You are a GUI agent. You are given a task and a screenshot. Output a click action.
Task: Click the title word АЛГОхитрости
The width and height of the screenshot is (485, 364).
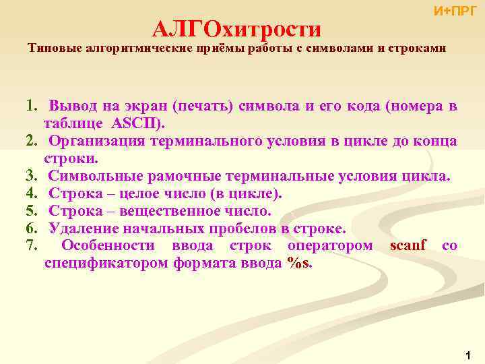236,29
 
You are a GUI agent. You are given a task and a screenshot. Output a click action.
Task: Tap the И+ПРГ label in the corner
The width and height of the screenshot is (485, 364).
455,11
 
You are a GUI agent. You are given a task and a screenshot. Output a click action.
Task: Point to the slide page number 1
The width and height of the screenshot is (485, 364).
467,354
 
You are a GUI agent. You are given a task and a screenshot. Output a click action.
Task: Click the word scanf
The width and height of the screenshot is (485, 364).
408,245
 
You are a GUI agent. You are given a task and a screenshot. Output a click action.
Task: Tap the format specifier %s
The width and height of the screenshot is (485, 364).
299,263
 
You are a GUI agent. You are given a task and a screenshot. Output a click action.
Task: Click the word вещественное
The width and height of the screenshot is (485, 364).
171,211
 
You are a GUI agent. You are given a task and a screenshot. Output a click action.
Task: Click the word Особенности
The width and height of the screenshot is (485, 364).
107,245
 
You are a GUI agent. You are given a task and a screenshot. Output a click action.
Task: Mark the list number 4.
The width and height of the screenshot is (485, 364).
30,194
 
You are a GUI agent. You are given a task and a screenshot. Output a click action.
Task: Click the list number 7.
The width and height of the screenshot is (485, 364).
30,245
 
